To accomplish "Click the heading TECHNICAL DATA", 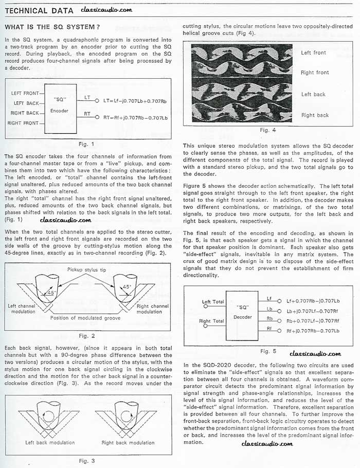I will coord(39,10).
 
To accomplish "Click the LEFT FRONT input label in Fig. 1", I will coord(25,93).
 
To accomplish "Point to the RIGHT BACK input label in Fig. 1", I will coord(25,113).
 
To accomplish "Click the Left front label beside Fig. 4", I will coord(314,53).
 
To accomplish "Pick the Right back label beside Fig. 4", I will coord(315,115).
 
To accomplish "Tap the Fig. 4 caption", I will coord(264,130).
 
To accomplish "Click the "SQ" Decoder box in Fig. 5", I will coord(242,313).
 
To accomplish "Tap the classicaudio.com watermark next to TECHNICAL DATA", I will coord(107,10).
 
